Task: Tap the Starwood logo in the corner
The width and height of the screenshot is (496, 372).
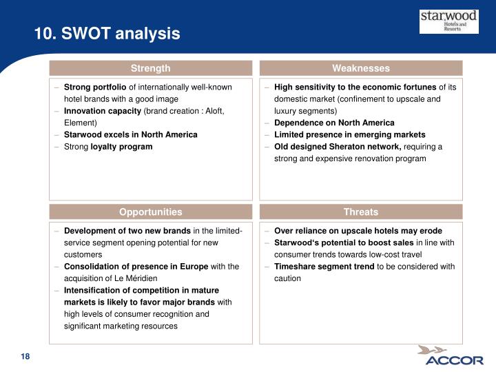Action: (x=448, y=21)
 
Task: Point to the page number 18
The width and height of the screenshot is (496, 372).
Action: (x=25, y=356)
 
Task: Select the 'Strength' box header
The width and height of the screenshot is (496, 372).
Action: (x=151, y=68)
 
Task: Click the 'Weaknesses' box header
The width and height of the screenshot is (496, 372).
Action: (x=360, y=68)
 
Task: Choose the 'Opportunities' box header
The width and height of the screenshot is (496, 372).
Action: (x=151, y=212)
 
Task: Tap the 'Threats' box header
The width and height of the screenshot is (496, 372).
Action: (x=360, y=212)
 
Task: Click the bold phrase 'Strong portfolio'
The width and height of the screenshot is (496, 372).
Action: (x=95, y=87)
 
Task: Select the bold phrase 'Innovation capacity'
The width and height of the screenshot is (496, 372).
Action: (x=103, y=111)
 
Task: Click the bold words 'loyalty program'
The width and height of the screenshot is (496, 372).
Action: (x=122, y=147)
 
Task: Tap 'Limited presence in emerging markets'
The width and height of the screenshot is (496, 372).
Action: (x=349, y=134)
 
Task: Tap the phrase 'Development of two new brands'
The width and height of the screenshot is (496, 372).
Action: (x=127, y=231)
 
